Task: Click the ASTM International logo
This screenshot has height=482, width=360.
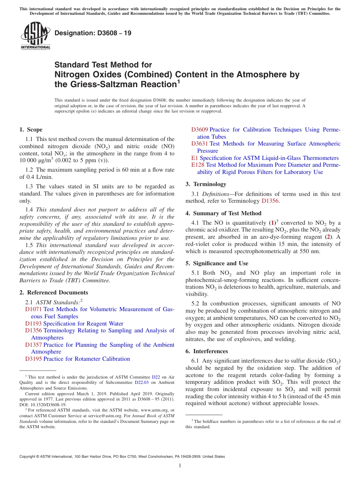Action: tap(35, 36)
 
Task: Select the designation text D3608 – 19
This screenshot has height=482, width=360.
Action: tap(93, 33)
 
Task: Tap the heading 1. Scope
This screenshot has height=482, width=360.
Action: tap(31, 130)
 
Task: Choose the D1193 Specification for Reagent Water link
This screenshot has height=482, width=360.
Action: tap(74, 324)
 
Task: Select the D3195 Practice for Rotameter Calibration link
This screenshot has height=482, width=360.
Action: tap(77, 359)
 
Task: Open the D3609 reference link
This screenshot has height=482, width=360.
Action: tap(199, 130)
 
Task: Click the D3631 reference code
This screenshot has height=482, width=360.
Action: tap(199, 144)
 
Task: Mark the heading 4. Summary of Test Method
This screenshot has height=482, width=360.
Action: tap(223, 213)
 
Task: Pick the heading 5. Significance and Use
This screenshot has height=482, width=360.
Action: tap(217, 263)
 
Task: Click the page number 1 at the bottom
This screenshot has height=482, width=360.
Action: tap(180, 466)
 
